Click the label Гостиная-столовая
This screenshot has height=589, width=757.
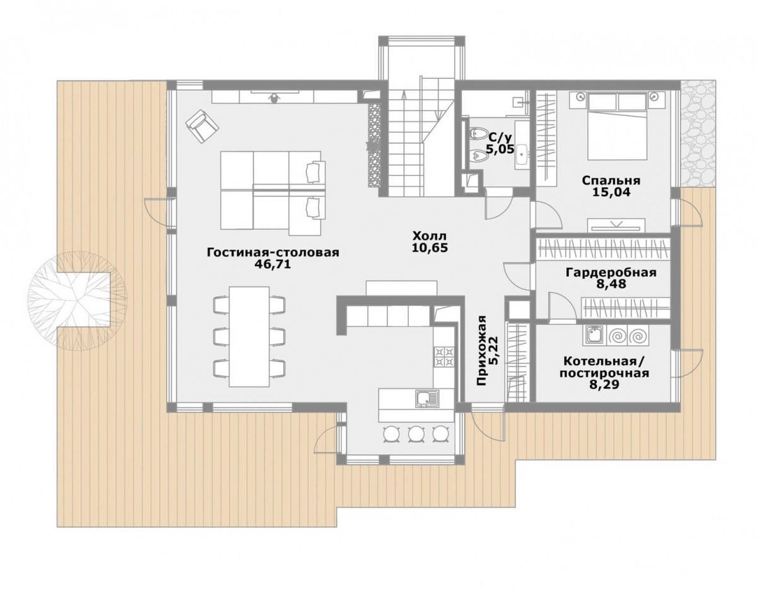tap(273, 252)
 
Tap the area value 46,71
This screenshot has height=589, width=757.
tap(273, 265)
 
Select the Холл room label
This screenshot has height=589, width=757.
tap(429, 236)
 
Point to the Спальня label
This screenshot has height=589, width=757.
tap(611, 180)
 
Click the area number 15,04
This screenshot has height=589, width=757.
tap(611, 192)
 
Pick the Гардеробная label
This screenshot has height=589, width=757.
tap(611, 272)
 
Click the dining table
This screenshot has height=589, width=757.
tap(249, 337)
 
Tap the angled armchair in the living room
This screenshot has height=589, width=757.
tap(202, 125)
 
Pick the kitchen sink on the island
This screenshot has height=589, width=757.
tap(426, 398)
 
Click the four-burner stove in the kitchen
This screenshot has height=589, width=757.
tap(444, 357)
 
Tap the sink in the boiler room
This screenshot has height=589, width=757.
tap(593, 336)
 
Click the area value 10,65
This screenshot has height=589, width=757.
tap(429, 248)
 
